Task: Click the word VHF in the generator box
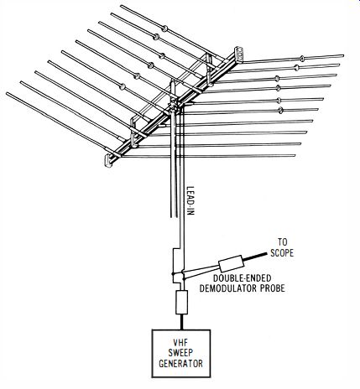pyautogui.click(x=180, y=343)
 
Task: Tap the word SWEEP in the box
pyautogui.click(x=180, y=353)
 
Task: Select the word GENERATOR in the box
pyautogui.click(x=180, y=364)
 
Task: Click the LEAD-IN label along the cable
pyautogui.click(x=190, y=200)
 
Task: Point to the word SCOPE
pyautogui.click(x=282, y=253)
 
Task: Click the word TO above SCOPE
pyautogui.click(x=283, y=242)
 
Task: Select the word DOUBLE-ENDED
pyautogui.click(x=243, y=278)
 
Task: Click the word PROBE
pyautogui.click(x=273, y=288)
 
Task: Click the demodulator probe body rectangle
pyautogui.click(x=231, y=264)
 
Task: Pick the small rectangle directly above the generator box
pyautogui.click(x=181, y=302)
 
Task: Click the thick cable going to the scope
pyautogui.click(x=254, y=257)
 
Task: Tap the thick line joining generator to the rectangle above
pyautogui.click(x=181, y=322)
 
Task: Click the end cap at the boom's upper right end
pyautogui.click(x=239, y=53)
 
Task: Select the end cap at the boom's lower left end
pyautogui.click(x=108, y=161)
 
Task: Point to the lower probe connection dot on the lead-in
pyautogui.click(x=184, y=278)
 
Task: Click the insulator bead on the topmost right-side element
pyautogui.click(x=302, y=59)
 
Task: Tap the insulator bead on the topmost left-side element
pyautogui.click(x=165, y=29)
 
